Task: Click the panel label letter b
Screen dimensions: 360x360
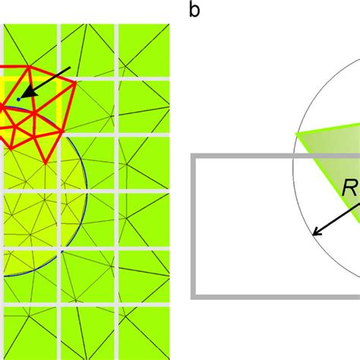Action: [194, 11]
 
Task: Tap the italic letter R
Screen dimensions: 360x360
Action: [349, 188]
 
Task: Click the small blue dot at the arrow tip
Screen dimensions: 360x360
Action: [18, 99]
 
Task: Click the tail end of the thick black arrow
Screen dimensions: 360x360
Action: [71, 68]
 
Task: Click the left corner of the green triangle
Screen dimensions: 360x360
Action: [296, 134]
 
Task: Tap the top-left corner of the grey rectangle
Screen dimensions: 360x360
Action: [193, 156]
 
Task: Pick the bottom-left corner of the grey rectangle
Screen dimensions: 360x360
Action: [193, 297]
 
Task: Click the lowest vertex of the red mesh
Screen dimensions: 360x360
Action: [45, 163]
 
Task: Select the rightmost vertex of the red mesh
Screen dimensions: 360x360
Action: [75, 82]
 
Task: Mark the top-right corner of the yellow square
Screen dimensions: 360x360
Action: [60, 79]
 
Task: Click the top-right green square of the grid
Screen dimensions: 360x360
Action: [144, 50]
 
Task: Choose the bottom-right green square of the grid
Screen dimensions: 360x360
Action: [144, 333]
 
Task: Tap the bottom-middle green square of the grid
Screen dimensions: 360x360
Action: [87, 333]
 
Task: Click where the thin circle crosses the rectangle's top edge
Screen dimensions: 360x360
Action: [293, 156]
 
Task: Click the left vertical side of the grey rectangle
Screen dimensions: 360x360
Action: [193, 226]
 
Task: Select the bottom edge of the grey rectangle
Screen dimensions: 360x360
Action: [276, 297]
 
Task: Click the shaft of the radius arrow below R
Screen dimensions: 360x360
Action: [336, 219]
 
